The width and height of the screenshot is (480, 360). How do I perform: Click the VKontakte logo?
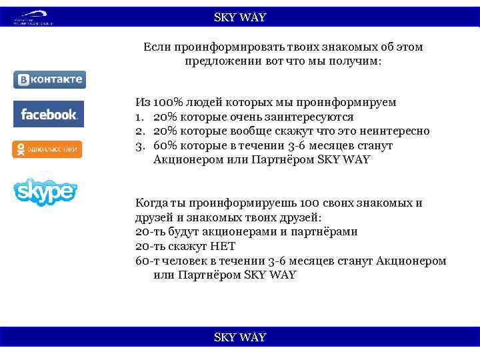[49, 80]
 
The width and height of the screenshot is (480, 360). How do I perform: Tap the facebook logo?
[49, 114]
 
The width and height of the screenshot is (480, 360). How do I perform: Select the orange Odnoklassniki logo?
[47, 149]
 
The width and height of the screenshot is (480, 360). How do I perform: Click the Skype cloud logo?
[45, 191]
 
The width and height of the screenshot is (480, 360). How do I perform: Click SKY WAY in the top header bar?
[240, 17]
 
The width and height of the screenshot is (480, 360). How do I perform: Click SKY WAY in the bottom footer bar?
[240, 337]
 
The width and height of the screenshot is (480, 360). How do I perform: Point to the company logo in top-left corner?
[33, 17]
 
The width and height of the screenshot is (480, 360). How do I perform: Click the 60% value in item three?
[165, 145]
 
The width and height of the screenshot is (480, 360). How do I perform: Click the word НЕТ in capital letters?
[217, 246]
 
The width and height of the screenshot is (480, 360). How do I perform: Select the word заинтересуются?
[305, 117]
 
